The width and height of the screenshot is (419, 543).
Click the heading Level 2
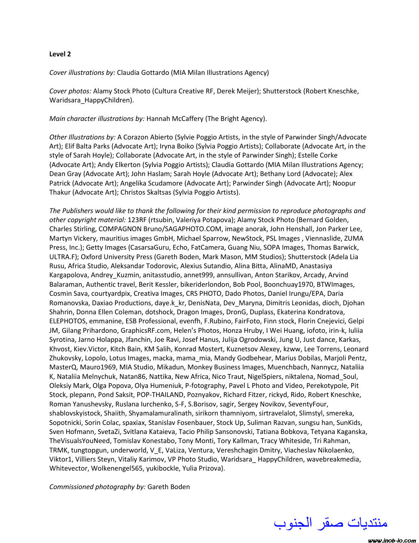coord(60,54)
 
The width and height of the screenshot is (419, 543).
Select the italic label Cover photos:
coord(70,91)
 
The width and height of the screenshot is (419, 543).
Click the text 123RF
coord(137,220)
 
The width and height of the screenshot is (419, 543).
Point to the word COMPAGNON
coord(118,229)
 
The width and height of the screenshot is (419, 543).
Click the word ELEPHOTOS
coord(68,321)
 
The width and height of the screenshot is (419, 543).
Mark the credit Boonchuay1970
coord(286,284)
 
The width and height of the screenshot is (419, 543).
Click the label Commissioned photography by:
coord(97,487)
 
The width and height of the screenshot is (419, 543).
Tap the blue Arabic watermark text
coord(331,523)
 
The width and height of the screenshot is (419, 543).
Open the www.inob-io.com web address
coord(392,540)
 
